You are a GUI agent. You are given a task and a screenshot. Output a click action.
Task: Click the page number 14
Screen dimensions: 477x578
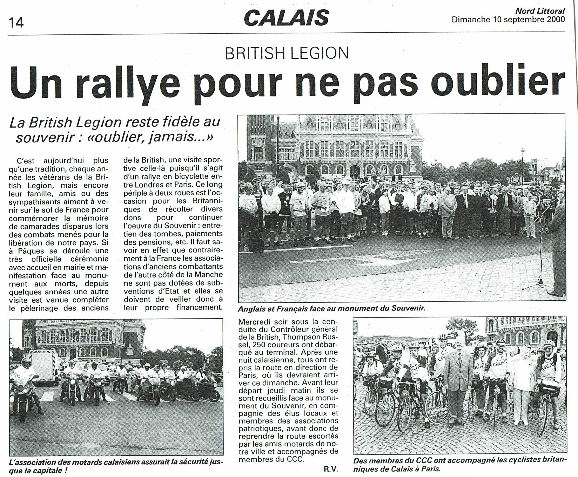coord(16,22)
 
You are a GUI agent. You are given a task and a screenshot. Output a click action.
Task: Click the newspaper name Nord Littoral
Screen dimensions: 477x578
coord(540,11)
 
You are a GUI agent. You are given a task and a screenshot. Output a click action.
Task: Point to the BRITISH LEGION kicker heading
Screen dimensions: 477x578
coord(287,53)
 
